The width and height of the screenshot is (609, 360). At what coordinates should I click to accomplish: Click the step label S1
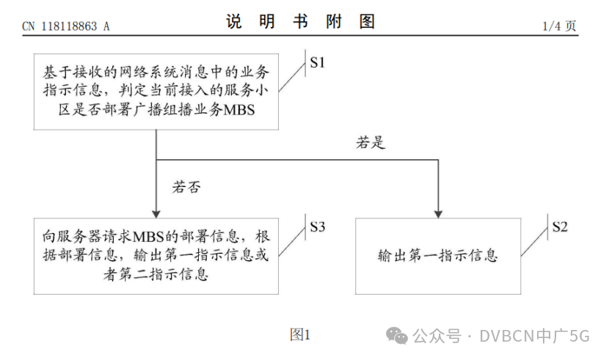(317, 62)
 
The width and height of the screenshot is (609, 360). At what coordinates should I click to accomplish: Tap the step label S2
(560, 227)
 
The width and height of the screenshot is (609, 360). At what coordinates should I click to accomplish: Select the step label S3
(317, 227)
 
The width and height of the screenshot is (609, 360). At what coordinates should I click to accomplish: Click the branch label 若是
(371, 142)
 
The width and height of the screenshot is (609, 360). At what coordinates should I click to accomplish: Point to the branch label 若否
(186, 187)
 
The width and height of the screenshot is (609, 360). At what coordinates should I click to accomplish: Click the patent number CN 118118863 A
(65, 26)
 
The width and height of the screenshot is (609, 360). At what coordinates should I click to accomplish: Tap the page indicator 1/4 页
(559, 26)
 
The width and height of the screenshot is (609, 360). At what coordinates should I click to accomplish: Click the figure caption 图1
(300, 334)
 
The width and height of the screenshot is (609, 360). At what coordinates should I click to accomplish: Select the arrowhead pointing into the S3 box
(156, 214)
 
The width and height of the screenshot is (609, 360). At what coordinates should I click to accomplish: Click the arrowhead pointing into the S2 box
(438, 214)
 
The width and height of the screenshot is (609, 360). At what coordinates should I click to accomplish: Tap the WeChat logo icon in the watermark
(396, 336)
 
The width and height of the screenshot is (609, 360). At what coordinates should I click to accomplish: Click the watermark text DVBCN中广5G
(534, 336)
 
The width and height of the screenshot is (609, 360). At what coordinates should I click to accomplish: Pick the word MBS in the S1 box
(239, 110)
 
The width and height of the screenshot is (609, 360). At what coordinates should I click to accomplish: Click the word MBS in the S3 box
(148, 237)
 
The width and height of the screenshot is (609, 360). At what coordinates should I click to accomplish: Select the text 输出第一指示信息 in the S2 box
(438, 256)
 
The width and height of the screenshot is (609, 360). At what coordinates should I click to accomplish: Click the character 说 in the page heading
(234, 21)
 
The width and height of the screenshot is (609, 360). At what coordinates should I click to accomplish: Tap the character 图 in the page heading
(367, 21)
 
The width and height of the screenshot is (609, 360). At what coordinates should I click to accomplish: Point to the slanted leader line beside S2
(534, 242)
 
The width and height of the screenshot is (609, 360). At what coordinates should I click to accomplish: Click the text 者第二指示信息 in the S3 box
(156, 275)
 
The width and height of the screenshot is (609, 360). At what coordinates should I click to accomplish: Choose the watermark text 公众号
(437, 336)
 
